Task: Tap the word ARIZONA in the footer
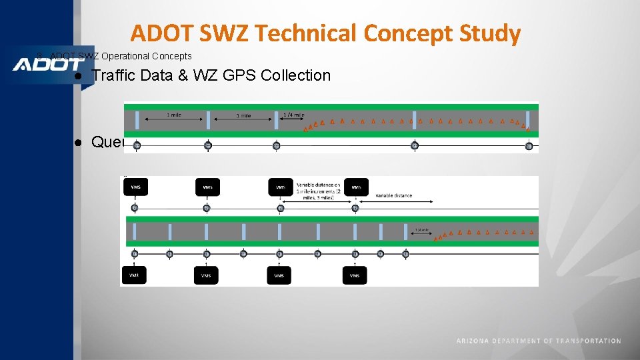[473, 341]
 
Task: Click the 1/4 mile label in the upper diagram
[294, 115]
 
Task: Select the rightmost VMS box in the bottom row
[354, 275]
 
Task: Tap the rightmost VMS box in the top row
[356, 187]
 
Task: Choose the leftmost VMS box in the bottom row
[134, 275]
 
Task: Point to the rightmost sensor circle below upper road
[528, 146]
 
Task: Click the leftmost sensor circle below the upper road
[137, 146]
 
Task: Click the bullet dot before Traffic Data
[78, 76]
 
